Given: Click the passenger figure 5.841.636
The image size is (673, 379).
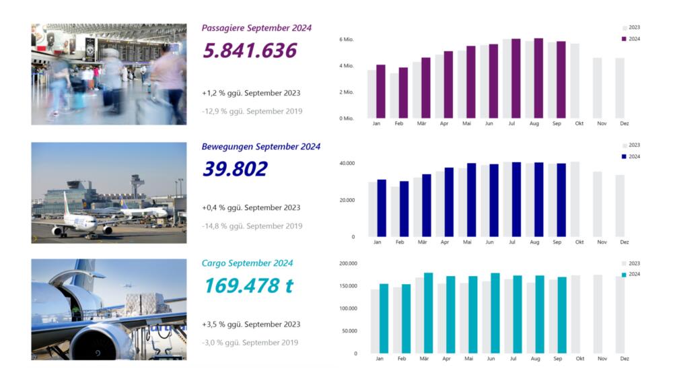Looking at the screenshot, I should click(250, 51).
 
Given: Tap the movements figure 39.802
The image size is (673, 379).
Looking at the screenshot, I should click(235, 169).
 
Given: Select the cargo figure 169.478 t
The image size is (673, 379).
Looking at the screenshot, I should click(248, 285).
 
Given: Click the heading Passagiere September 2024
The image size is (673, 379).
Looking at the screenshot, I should click(256, 28).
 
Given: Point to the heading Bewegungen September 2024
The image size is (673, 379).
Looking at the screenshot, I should click(261, 146).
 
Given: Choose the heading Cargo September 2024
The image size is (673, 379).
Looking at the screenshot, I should click(247, 263).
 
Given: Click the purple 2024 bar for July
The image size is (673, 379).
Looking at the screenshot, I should click(516, 79).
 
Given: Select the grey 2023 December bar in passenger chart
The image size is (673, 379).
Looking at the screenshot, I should click(620, 88).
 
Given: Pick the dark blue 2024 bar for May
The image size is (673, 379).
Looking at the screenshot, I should click(471, 200).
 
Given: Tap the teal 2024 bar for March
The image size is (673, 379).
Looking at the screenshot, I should click(428, 313).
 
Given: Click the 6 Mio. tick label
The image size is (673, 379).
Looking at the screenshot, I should click(346, 40).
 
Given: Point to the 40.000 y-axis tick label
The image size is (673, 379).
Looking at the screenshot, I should click(347, 164).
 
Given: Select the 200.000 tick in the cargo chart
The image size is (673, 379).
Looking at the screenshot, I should click(347, 264).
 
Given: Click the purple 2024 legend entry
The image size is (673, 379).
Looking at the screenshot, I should click(631, 39).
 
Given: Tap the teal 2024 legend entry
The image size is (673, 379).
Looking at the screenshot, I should click(631, 274).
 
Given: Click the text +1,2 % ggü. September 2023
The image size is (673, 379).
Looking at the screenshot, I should click(251, 93).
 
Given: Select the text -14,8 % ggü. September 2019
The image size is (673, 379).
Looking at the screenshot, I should click(252, 226).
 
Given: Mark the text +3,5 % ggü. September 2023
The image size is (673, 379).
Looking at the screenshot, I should click(251, 324).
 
